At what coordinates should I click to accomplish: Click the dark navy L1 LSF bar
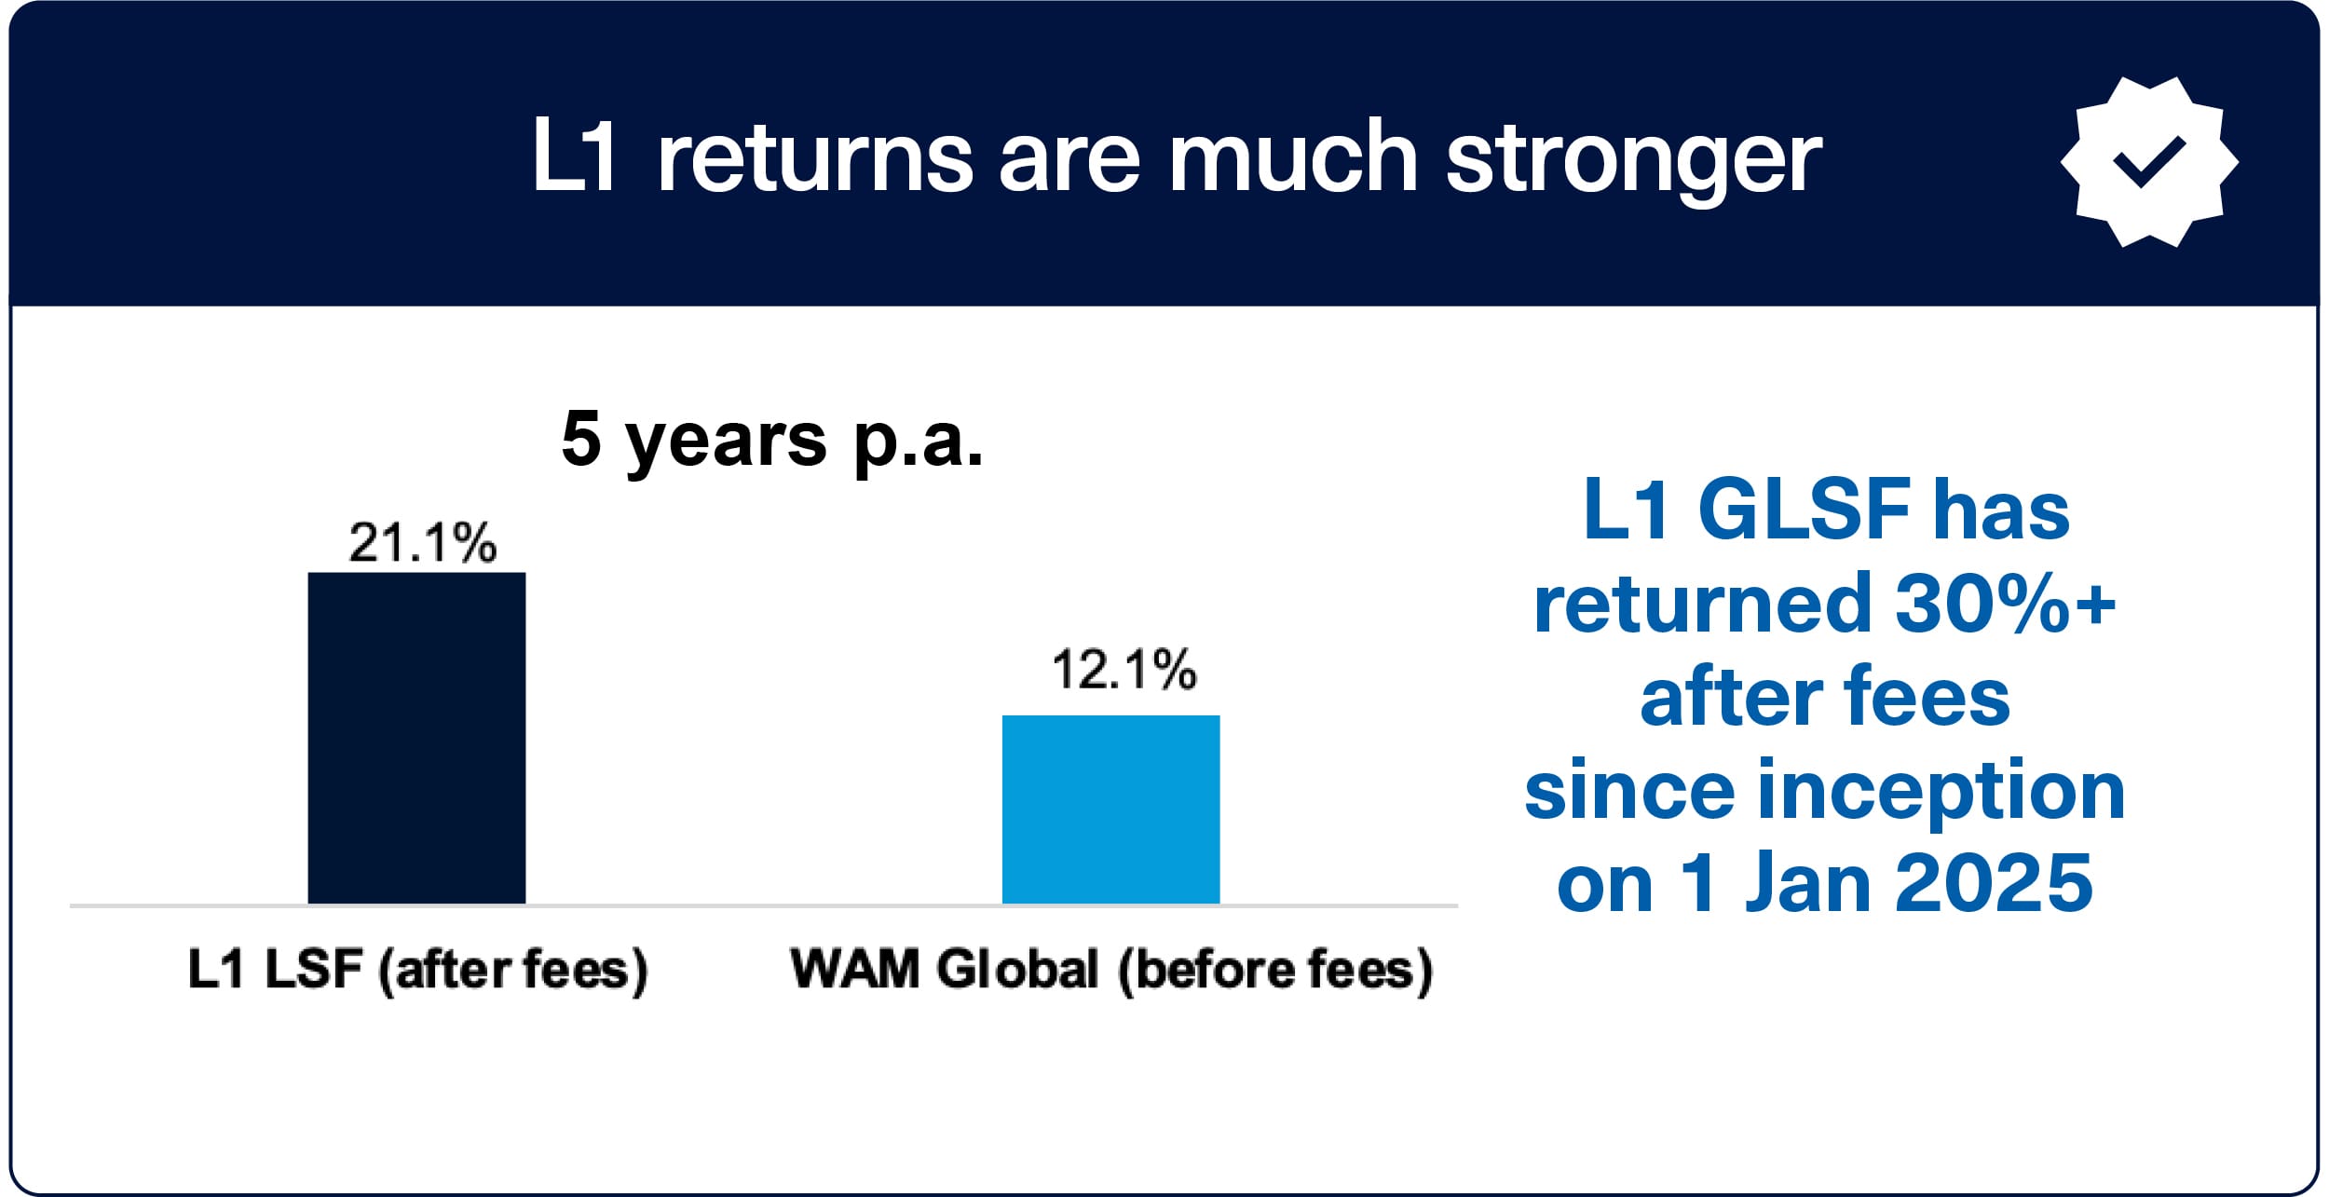pyautogui.click(x=416, y=738)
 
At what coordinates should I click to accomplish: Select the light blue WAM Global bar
pyautogui.click(x=1110, y=809)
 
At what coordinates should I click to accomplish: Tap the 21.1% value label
pyautogui.click(x=423, y=542)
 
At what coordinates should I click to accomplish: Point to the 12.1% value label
pyautogui.click(x=1124, y=670)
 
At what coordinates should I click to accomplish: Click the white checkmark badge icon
pyautogui.click(x=2149, y=162)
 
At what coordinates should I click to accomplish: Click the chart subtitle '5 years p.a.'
pyautogui.click(x=772, y=440)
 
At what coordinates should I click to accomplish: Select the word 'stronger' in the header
pyautogui.click(x=1633, y=158)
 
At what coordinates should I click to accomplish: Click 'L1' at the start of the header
pyautogui.click(x=573, y=156)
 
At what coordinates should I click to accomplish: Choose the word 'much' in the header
pyautogui.click(x=1293, y=156)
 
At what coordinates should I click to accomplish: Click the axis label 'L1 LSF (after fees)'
pyautogui.click(x=417, y=971)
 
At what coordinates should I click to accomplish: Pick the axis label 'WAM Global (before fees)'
pyautogui.click(x=1111, y=971)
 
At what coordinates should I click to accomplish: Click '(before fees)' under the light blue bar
pyautogui.click(x=1275, y=971)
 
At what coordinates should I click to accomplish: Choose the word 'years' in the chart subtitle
pyautogui.click(x=726, y=443)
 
